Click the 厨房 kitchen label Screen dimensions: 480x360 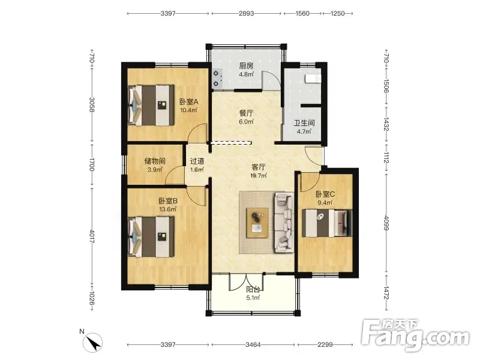coord(246,66)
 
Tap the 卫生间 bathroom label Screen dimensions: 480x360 coord(304,123)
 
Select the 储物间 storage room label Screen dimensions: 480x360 coord(155,161)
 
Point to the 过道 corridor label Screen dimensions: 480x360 coord(197,161)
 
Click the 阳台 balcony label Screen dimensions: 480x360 coord(253,289)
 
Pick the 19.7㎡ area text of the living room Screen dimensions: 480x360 coord(259,176)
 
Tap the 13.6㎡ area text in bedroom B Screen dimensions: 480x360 coord(168,209)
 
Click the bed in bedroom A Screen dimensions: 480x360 coord(151,106)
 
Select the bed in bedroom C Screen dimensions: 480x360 coord(327,223)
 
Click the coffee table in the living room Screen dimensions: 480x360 coord(257,223)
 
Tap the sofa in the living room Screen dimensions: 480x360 coord(284,222)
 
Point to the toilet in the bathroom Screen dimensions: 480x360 coord(313,79)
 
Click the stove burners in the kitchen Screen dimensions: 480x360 coord(217,79)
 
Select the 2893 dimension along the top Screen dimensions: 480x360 coord(246,13)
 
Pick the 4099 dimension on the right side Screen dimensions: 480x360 coord(386,223)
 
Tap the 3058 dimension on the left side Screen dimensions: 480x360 coord(92,104)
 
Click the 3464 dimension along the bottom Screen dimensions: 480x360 coord(253,344)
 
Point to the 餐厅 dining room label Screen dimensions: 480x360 coord(246,113)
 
